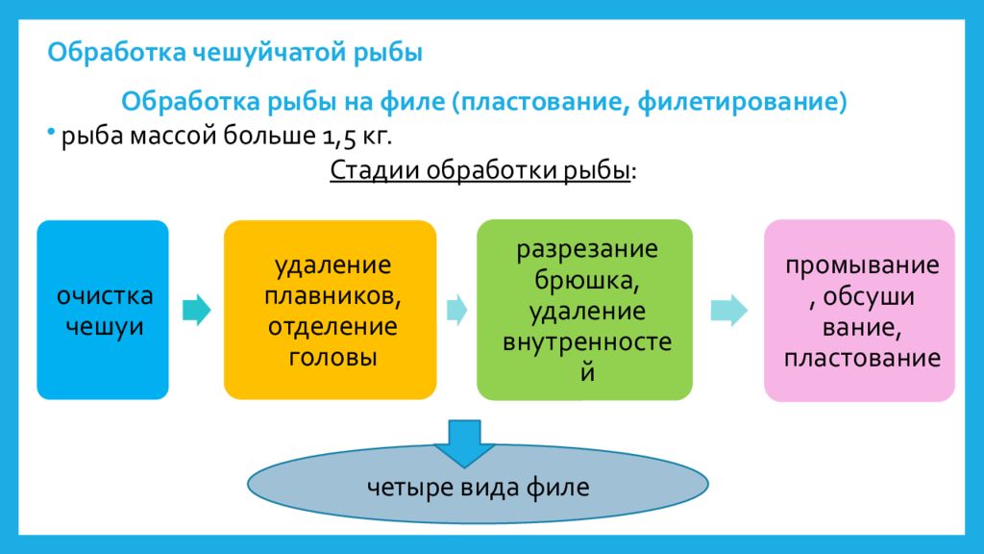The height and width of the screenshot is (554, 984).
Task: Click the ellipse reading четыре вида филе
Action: pos(479,488)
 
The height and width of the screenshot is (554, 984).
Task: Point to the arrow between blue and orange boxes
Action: pos(197,310)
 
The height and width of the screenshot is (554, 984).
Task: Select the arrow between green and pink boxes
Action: pos(727,310)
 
